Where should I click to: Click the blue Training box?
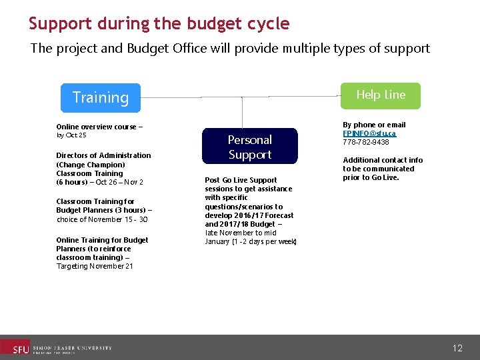[100, 97]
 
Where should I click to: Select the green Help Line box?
[381, 95]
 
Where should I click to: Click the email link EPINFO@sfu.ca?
[369, 133]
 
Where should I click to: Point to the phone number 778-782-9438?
[366, 142]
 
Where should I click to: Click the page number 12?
[457, 348]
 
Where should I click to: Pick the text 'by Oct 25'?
[71, 135]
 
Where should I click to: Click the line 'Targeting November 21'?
[95, 266]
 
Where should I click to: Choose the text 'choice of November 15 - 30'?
[102, 219]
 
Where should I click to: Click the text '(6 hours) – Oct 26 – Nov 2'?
[99, 182]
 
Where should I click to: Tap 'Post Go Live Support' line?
[241, 180]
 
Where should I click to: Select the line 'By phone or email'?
[374, 125]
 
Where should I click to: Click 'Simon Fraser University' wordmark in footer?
[72, 348]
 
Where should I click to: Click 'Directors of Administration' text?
[103, 155]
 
